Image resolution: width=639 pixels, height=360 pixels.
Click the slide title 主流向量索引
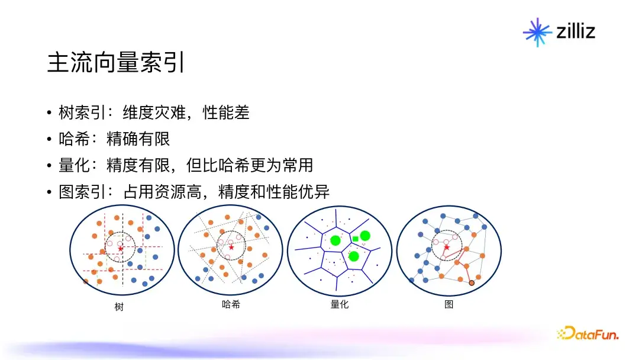[x=116, y=62]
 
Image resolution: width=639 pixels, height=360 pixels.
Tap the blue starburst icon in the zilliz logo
[x=537, y=32]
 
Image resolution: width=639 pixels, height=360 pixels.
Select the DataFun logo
[x=588, y=333]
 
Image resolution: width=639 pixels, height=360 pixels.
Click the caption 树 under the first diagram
[x=119, y=307]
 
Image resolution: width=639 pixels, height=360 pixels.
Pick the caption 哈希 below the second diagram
[x=231, y=304]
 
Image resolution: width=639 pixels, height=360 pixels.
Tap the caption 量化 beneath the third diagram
[x=340, y=304]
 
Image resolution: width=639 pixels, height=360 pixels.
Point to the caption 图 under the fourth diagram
[x=448, y=304]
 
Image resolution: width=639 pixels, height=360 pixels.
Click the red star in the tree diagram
[x=120, y=248]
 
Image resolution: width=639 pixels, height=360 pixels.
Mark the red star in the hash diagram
[x=231, y=247]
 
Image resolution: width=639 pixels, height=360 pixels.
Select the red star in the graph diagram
[x=447, y=247]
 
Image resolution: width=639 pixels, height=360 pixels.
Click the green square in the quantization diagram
[x=356, y=239]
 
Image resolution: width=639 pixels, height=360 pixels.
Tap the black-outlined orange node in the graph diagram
[x=472, y=283]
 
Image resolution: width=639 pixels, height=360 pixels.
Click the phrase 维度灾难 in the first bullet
[x=154, y=112]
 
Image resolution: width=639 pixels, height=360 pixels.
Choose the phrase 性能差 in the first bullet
[x=226, y=112]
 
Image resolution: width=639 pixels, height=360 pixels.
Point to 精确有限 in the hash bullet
[x=138, y=139]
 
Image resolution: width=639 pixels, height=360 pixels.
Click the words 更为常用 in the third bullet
[x=282, y=165]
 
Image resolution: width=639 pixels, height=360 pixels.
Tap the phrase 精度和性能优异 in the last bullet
[x=274, y=192]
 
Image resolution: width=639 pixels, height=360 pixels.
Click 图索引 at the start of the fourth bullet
[x=82, y=192]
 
